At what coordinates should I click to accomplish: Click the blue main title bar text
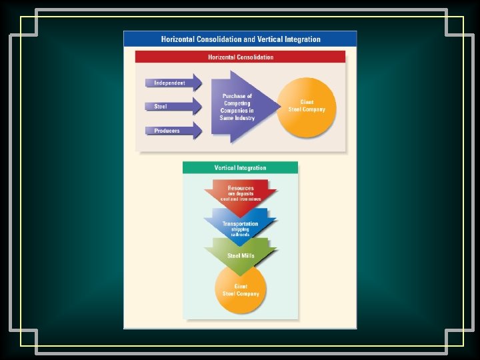point(240,39)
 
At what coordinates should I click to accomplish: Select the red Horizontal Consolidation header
point(240,57)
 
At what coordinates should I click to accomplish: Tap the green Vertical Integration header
point(240,167)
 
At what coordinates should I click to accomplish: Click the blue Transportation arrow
point(241,223)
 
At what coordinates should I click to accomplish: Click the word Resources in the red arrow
point(241,188)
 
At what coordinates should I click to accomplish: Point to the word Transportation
point(241,224)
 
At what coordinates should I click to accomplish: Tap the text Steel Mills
point(241,255)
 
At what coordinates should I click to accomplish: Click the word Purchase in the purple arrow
point(237,96)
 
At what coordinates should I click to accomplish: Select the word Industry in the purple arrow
point(245,118)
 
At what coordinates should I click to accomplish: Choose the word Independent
point(169,83)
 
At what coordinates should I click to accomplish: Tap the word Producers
point(167,131)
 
